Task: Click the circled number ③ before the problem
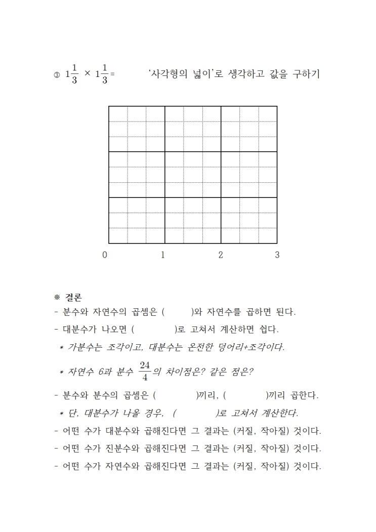coord(56,75)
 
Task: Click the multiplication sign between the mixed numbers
coord(88,73)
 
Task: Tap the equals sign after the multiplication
coord(112,74)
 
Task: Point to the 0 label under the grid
coord(105,255)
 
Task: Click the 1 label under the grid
coord(162,255)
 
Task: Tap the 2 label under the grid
coord(220,255)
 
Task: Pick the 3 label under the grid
coord(277,255)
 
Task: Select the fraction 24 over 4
coord(145,371)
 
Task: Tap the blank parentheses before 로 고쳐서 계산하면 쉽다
coord(154,330)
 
